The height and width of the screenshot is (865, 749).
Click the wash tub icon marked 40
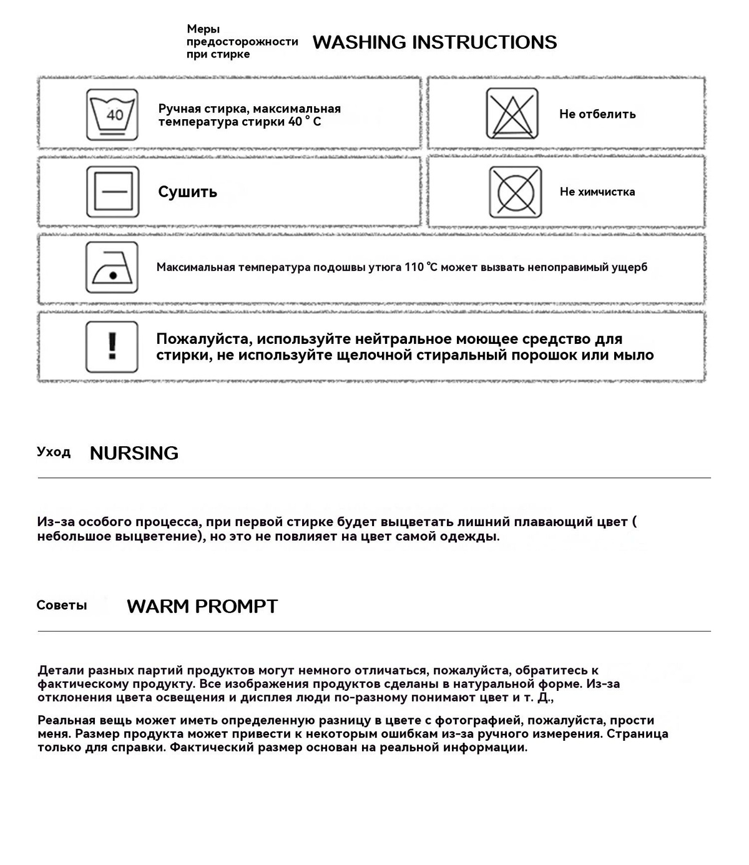click(112, 115)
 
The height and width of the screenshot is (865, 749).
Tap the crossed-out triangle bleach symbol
click(512, 114)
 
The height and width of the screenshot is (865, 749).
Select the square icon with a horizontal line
click(112, 192)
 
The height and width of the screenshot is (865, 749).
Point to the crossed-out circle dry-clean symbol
click(515, 192)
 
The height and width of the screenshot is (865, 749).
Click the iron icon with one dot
click(112, 268)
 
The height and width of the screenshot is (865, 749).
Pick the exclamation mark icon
click(112, 346)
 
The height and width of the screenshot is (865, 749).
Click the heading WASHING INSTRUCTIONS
click(434, 42)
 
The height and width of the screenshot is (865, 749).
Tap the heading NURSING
click(134, 453)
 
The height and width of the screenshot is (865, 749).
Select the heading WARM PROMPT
click(202, 606)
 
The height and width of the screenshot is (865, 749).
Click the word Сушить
click(187, 192)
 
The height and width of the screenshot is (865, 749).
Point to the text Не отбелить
click(597, 114)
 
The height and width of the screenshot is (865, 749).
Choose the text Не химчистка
click(597, 192)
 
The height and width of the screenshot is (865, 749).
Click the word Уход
click(54, 452)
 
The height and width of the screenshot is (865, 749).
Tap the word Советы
click(62, 605)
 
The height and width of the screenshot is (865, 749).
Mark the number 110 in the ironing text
click(414, 267)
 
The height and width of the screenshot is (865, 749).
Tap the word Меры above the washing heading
click(203, 29)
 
